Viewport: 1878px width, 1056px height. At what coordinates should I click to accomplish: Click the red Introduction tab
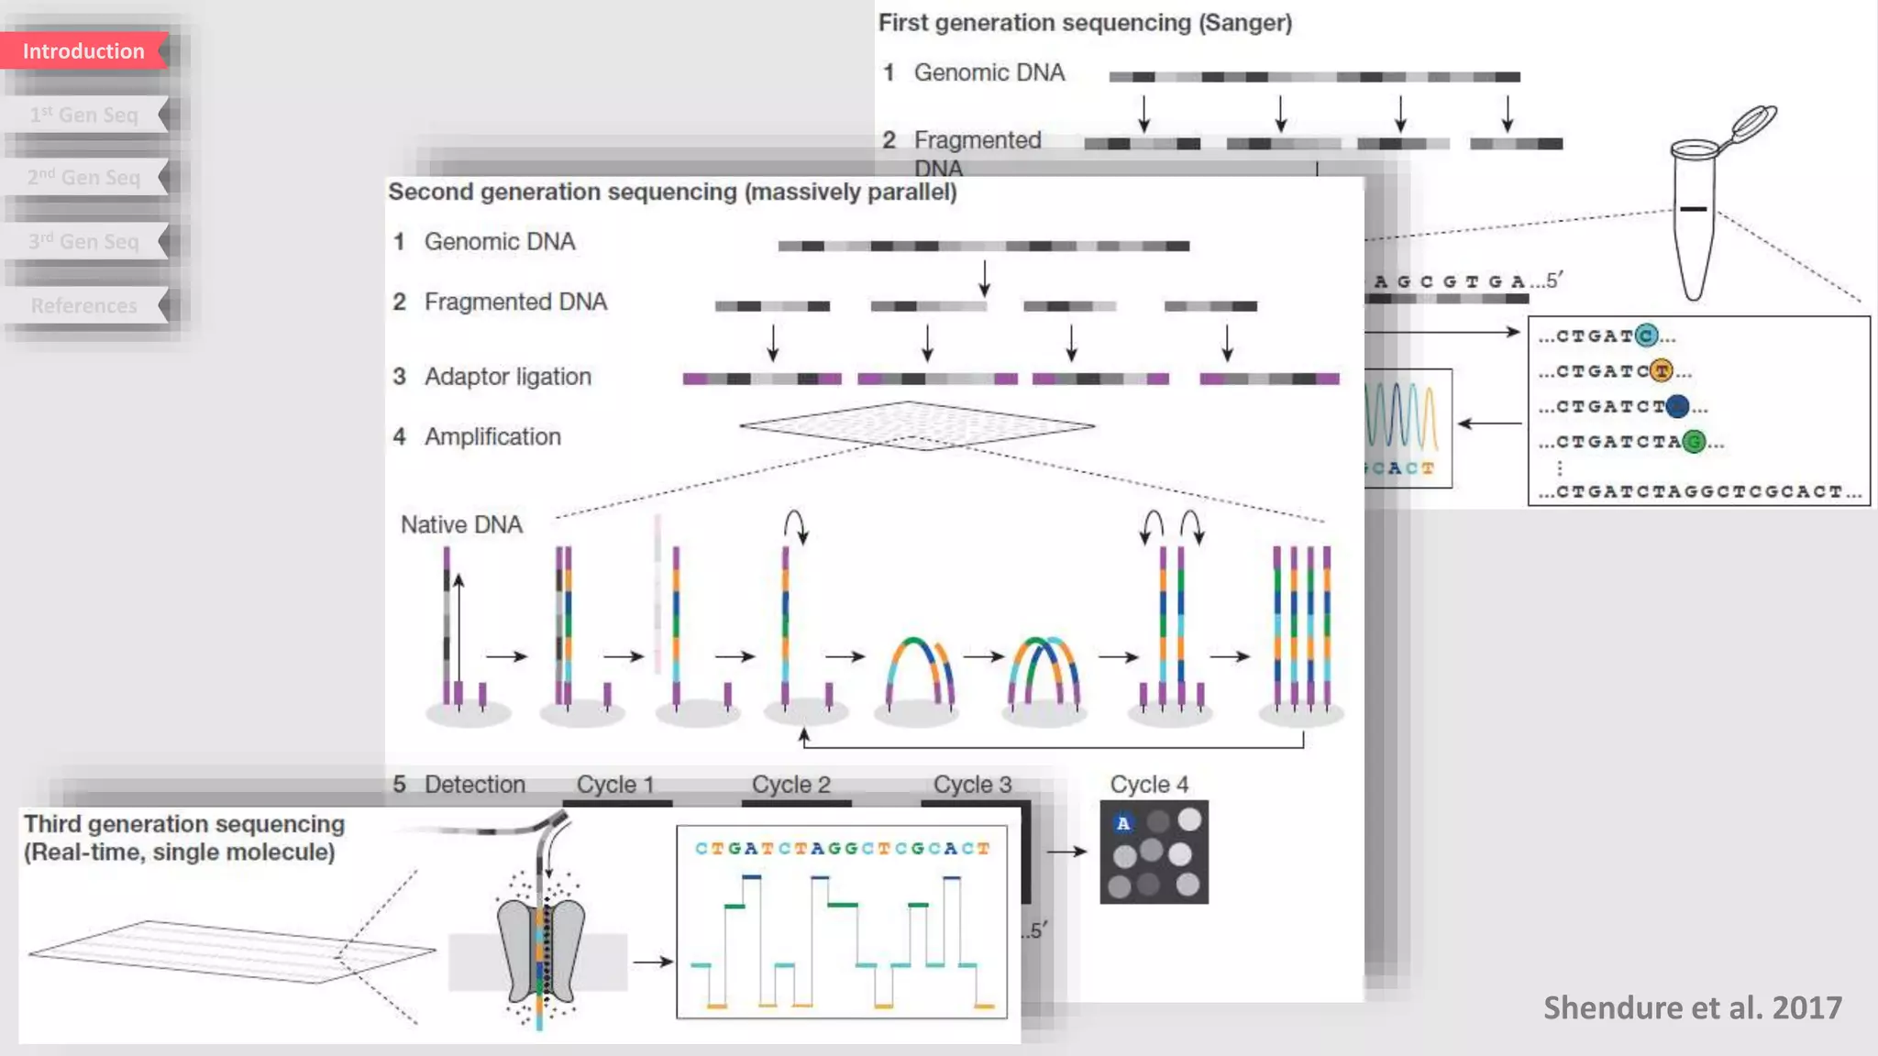(83, 51)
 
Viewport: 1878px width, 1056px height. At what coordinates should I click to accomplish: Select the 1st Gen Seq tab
(83, 115)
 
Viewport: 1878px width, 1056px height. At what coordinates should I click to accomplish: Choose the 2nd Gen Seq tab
(83, 177)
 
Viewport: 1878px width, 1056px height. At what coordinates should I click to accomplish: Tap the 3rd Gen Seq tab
(83, 241)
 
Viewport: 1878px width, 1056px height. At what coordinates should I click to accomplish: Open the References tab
(83, 305)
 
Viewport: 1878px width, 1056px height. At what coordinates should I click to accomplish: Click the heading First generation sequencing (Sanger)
(1085, 23)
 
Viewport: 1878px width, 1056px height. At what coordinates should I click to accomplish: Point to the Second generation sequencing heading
(672, 192)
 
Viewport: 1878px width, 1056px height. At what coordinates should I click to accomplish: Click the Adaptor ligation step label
(507, 377)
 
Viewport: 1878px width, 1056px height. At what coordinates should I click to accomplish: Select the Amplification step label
(492, 437)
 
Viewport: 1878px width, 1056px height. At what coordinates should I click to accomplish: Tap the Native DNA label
(461, 524)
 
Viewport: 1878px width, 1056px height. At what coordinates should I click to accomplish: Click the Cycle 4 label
(1149, 785)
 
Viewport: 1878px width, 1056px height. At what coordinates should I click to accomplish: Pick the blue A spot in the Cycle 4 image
(1123, 823)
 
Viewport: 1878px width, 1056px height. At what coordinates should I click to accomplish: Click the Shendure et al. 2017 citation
(1692, 1007)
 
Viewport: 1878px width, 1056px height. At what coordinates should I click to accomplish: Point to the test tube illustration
(1695, 220)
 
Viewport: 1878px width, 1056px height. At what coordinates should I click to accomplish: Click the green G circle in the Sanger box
(1694, 442)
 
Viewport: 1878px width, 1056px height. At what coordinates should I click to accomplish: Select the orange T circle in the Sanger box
(1661, 371)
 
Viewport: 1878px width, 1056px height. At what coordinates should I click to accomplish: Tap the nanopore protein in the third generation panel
(541, 949)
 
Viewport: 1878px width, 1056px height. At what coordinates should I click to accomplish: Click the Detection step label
(474, 785)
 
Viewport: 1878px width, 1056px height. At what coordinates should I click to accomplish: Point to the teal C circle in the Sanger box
(1646, 336)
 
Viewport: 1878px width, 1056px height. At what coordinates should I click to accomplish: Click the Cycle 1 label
(614, 785)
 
